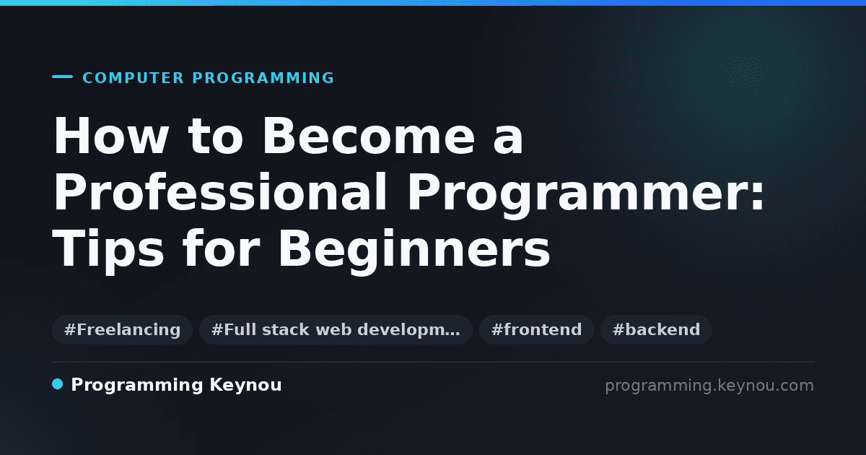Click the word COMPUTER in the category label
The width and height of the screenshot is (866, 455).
(133, 78)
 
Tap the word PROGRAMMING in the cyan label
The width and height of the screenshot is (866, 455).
(263, 78)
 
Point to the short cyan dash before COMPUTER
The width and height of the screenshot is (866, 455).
(62, 77)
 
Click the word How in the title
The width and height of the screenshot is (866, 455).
(111, 136)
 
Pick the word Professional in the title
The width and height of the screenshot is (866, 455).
(219, 191)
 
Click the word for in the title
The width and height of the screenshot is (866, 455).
(222, 248)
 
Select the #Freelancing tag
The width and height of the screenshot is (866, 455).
(122, 329)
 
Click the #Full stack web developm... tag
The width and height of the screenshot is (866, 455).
(336, 329)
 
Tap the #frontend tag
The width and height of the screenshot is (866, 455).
(536, 329)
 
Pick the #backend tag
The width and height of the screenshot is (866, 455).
(656, 329)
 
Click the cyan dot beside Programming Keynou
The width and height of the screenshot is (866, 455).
(58, 384)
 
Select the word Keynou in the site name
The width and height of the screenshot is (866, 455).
(245, 386)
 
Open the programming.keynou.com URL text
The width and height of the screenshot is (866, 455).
(709, 386)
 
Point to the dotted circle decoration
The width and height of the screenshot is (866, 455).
(746, 73)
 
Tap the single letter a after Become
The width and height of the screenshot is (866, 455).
(508, 140)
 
